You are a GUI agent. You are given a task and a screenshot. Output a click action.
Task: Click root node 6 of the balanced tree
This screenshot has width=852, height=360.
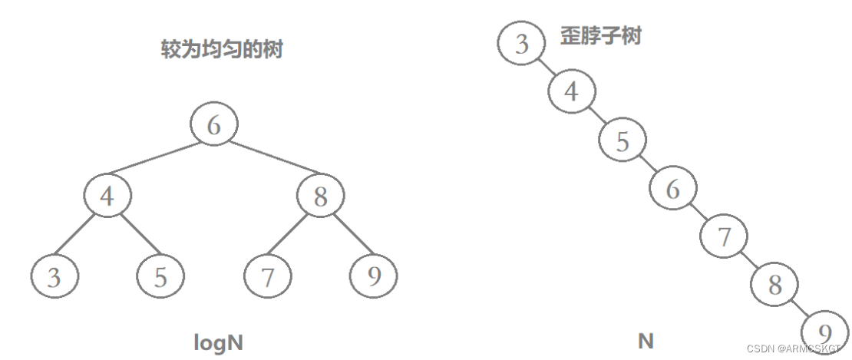point(214,125)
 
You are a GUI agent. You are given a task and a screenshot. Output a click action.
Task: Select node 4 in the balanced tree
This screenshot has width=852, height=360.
point(107,197)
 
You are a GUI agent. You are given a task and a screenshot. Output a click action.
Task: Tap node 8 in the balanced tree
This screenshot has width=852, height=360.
point(321,197)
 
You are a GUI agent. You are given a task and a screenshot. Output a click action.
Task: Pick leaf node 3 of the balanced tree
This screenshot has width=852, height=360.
point(54,276)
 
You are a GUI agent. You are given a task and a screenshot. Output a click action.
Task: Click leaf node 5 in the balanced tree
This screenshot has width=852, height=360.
point(160,276)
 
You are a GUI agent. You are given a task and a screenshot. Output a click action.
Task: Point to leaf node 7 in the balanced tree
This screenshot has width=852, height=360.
point(267,276)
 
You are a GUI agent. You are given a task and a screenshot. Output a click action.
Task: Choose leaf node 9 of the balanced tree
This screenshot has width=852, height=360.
point(374,276)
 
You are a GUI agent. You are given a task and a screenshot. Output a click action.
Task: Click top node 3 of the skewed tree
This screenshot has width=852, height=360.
point(522,44)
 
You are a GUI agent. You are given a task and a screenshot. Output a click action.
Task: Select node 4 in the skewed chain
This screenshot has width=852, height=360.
point(571,91)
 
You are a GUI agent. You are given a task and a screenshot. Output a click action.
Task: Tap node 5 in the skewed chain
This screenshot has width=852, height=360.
point(622,140)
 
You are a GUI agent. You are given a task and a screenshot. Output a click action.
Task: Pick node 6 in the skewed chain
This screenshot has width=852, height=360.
point(673,189)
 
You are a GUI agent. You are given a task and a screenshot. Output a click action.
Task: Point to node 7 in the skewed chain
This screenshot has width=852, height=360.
point(724,236)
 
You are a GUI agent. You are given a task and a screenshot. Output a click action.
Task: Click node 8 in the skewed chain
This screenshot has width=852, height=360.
point(775,285)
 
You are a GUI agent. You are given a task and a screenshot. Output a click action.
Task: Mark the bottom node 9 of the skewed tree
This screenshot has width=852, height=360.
point(825,333)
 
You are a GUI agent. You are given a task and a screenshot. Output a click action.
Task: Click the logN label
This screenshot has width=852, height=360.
point(218,342)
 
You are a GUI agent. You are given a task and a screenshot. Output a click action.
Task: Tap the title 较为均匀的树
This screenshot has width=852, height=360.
point(221,50)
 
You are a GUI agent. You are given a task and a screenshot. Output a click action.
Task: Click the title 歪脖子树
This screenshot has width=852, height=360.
point(600,35)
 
